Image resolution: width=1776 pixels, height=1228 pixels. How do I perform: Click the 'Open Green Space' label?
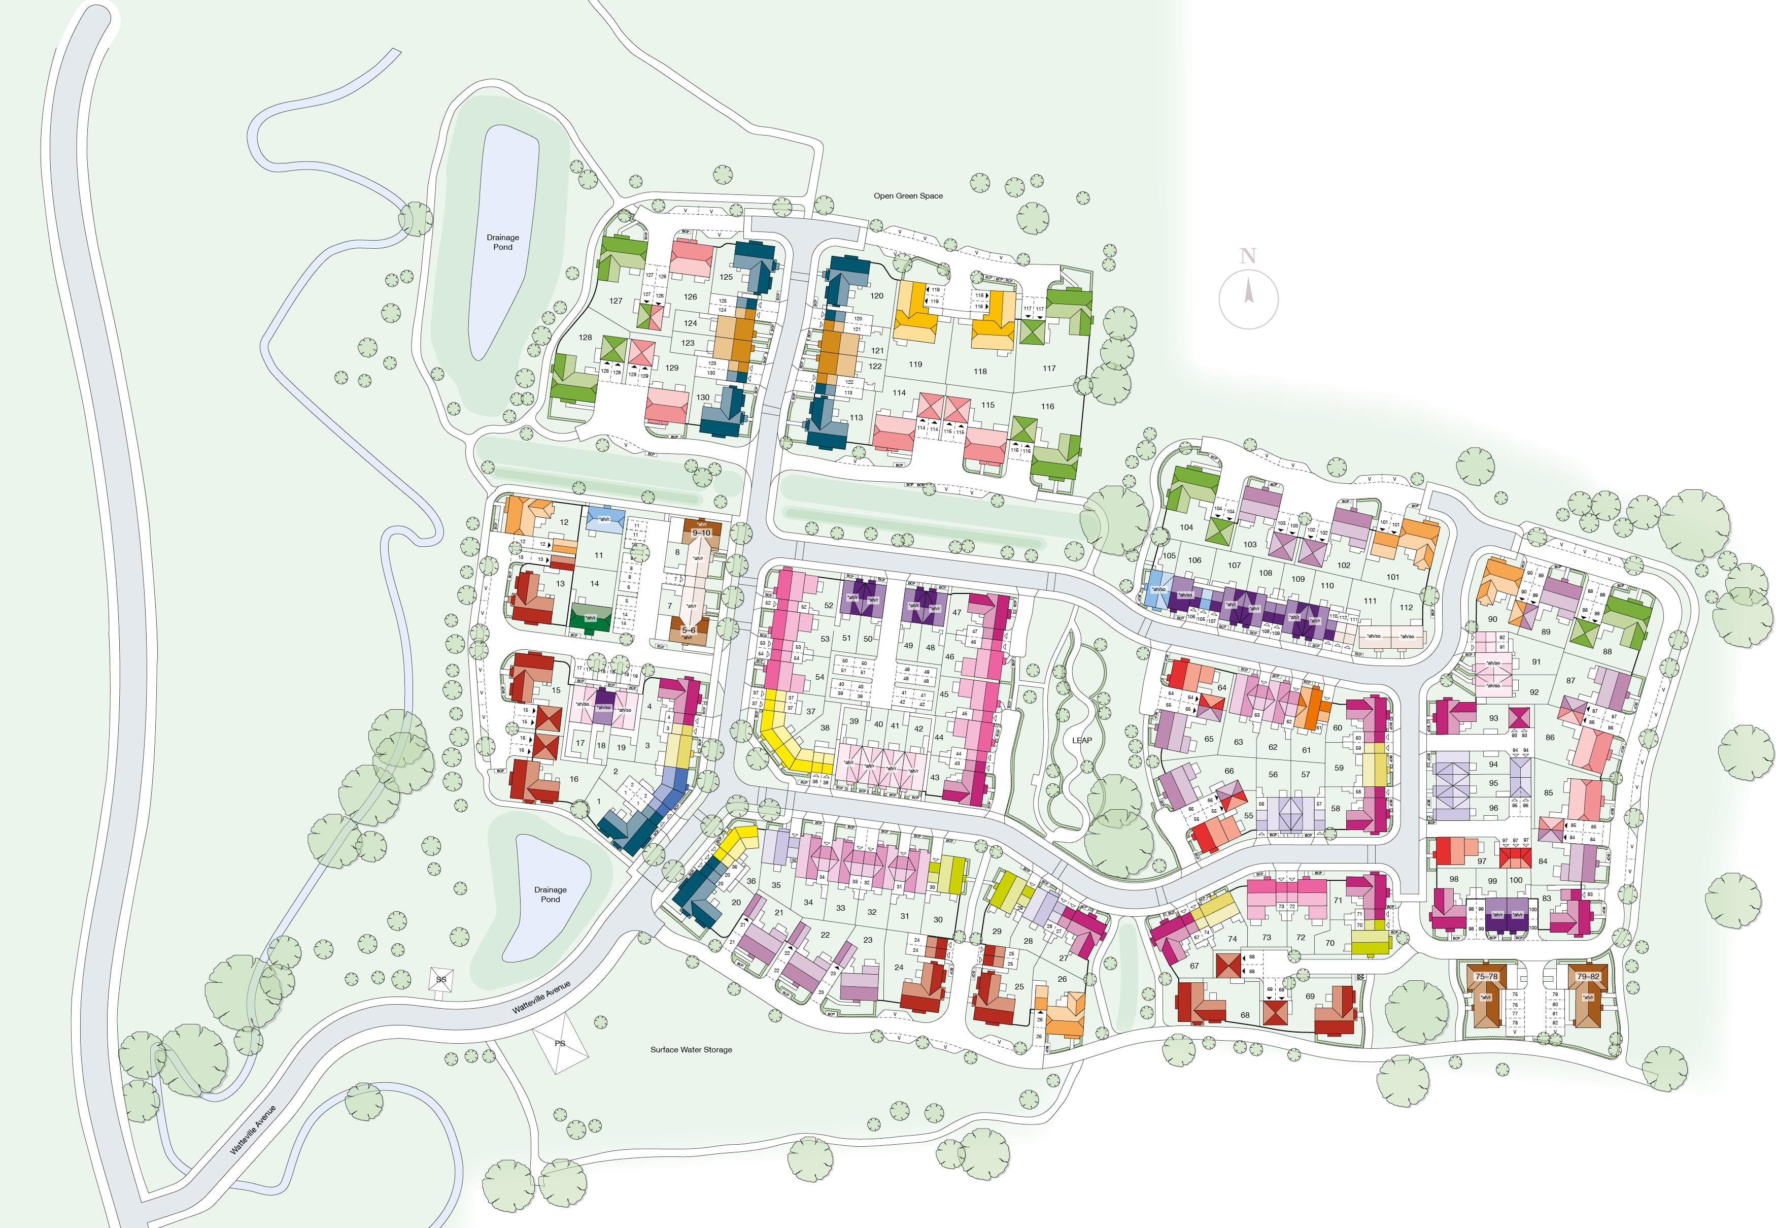click(908, 195)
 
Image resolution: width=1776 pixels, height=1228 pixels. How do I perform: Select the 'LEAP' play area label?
click(1081, 740)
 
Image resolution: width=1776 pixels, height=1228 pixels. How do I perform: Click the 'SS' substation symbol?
click(441, 979)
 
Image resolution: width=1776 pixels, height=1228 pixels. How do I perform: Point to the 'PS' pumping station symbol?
click(561, 1043)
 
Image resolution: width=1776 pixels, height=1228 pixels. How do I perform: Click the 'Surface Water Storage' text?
click(691, 1049)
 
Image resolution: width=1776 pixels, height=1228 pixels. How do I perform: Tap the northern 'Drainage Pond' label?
click(502, 242)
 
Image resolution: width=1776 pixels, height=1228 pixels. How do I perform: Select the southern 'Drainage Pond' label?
click(550, 894)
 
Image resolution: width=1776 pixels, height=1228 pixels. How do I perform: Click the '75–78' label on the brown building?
click(1486, 976)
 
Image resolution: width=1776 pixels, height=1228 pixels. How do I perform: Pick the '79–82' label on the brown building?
click(1588, 976)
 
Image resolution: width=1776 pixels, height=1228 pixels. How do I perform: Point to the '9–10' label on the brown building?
click(701, 533)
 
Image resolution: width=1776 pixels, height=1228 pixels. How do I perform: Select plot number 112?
click(1406, 607)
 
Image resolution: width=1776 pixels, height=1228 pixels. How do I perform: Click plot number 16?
click(574, 779)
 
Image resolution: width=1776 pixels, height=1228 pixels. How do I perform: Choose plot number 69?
click(1310, 995)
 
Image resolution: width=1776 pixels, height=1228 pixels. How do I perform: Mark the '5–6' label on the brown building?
click(689, 630)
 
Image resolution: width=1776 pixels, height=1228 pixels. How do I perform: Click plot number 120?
click(877, 295)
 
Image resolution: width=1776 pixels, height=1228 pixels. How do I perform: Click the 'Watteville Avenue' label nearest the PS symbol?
click(541, 997)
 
